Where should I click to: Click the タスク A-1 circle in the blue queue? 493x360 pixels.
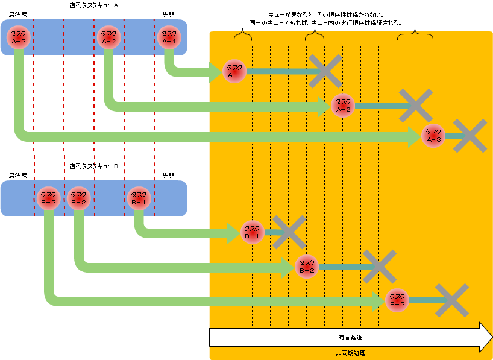[169, 37]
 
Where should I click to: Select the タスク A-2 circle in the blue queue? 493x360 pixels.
[109, 37]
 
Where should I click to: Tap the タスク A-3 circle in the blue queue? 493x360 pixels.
[19, 37]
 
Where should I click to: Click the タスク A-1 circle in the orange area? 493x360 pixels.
[234, 72]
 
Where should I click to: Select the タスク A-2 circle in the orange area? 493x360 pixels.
[343, 106]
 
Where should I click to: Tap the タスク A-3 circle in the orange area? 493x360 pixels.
[433, 136]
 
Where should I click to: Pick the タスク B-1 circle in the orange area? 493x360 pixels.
[253, 232]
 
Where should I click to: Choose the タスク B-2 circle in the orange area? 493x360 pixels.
[307, 266]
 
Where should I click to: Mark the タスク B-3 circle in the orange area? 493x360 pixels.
[397, 300]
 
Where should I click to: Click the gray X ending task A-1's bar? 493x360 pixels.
[325, 71]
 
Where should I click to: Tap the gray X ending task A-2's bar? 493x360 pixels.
[416, 106]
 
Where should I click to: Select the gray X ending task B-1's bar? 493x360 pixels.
[289, 232]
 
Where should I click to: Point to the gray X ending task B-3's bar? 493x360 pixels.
[452, 300]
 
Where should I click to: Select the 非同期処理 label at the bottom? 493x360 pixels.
[350, 353]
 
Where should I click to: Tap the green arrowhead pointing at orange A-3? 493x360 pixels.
[414, 137]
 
